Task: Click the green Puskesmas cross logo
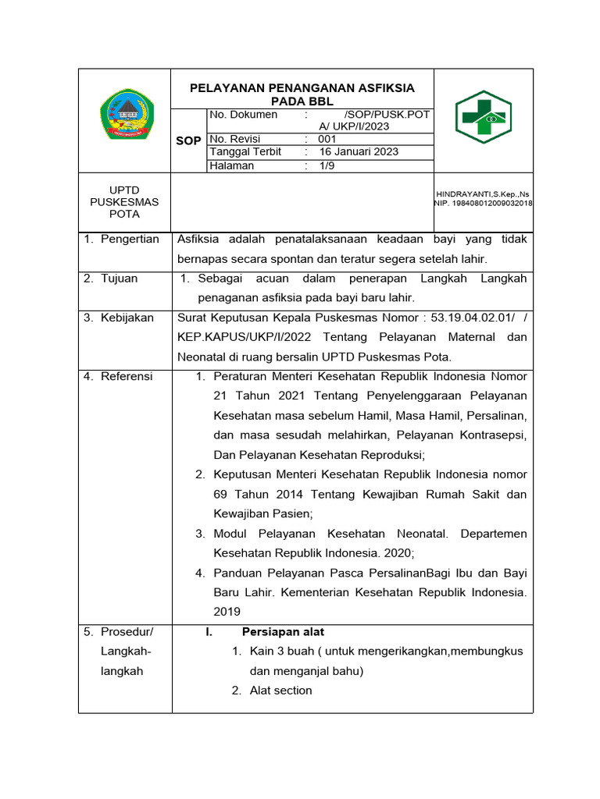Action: click(x=484, y=117)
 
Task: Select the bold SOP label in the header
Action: click(x=188, y=140)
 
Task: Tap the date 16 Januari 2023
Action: click(x=359, y=152)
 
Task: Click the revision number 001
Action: click(x=327, y=139)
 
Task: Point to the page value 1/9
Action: click(x=326, y=165)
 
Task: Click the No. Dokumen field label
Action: click(x=244, y=115)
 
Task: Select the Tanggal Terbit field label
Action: click(x=245, y=152)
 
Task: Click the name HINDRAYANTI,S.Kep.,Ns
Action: click(x=483, y=193)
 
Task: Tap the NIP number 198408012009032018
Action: click(x=483, y=203)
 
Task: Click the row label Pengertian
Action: click(x=130, y=239)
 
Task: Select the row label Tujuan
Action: click(x=119, y=279)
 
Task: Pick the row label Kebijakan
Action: click(x=127, y=318)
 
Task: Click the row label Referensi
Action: click(x=127, y=376)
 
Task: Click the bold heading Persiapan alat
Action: click(x=283, y=631)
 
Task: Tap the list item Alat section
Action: click(x=280, y=690)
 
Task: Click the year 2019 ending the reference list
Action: click(x=227, y=612)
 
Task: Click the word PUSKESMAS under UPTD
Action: click(x=124, y=201)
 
